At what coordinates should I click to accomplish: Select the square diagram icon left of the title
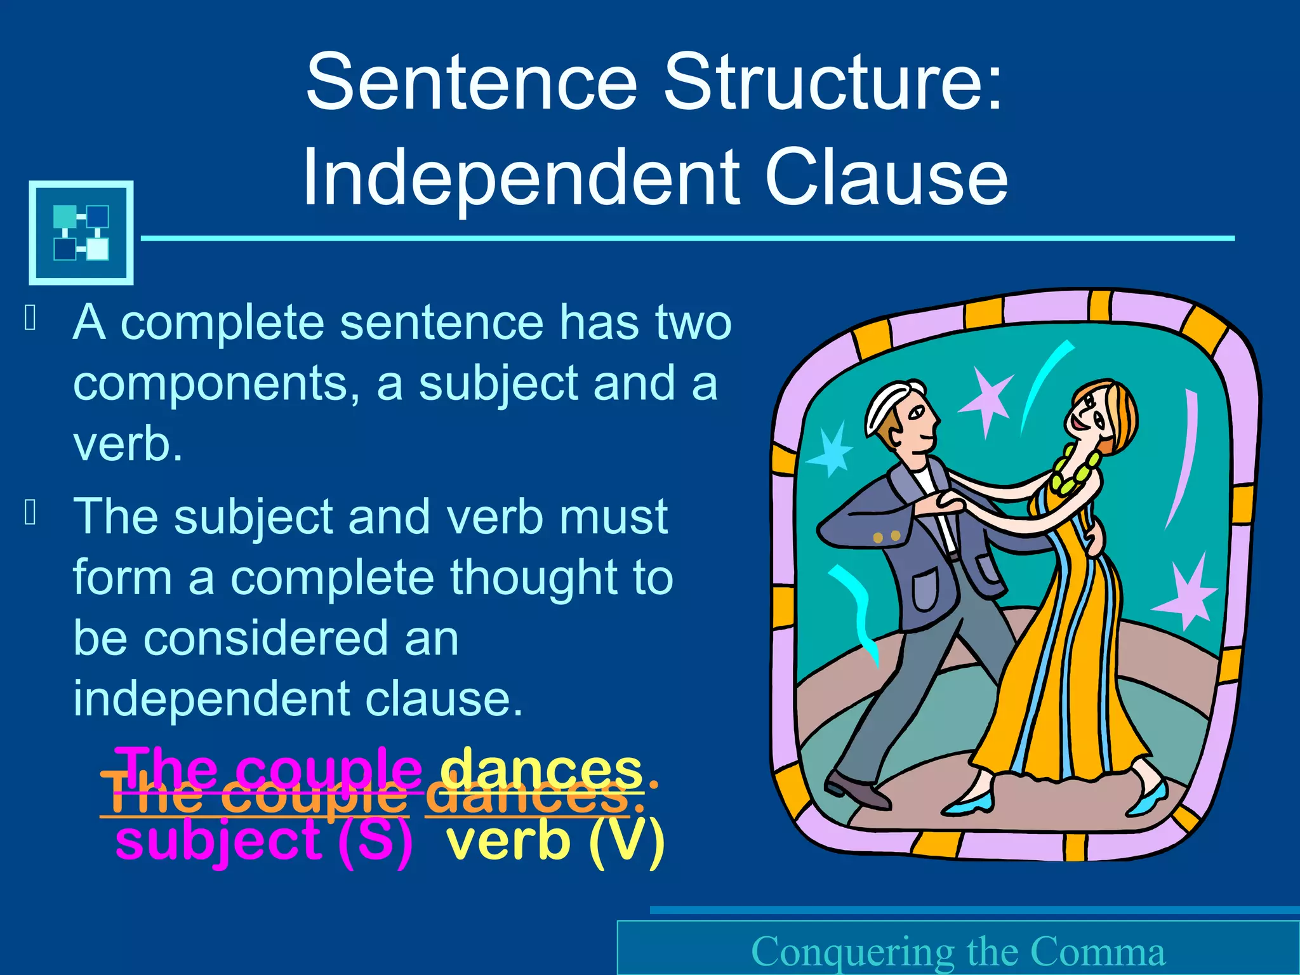point(81,232)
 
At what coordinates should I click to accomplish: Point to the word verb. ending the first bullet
point(128,444)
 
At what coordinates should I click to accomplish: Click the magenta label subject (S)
point(264,840)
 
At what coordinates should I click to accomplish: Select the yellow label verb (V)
point(556,840)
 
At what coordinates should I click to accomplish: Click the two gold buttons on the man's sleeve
point(886,537)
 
